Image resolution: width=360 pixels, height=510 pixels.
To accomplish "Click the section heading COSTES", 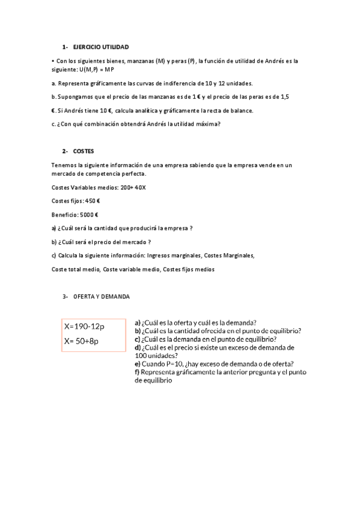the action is [x=84, y=151].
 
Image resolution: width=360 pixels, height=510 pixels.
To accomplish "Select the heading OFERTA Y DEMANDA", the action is [x=101, y=296].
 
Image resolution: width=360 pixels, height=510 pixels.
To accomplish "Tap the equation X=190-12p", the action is [x=84, y=327].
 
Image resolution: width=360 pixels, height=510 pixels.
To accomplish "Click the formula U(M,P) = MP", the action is [x=96, y=70].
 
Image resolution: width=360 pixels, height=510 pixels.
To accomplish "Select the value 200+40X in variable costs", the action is [x=133, y=188].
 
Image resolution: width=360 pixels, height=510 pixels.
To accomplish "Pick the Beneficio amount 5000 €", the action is [x=88, y=215].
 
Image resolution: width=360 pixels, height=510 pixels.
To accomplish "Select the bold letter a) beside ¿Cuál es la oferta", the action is [x=138, y=322].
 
